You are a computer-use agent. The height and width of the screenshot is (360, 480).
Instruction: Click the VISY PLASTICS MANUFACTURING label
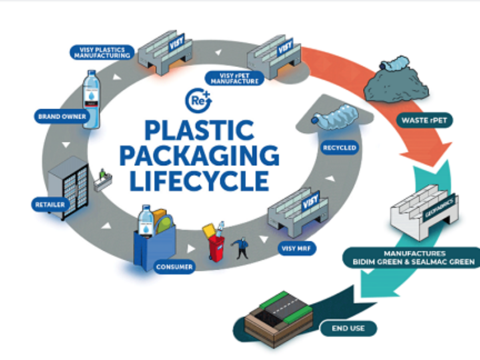coord(102,52)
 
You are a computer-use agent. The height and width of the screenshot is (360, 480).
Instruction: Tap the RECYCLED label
coord(339,148)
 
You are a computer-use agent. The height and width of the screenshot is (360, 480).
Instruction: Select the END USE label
coord(348,328)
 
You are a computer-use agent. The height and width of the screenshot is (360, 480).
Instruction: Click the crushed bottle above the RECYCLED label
coord(336,120)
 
